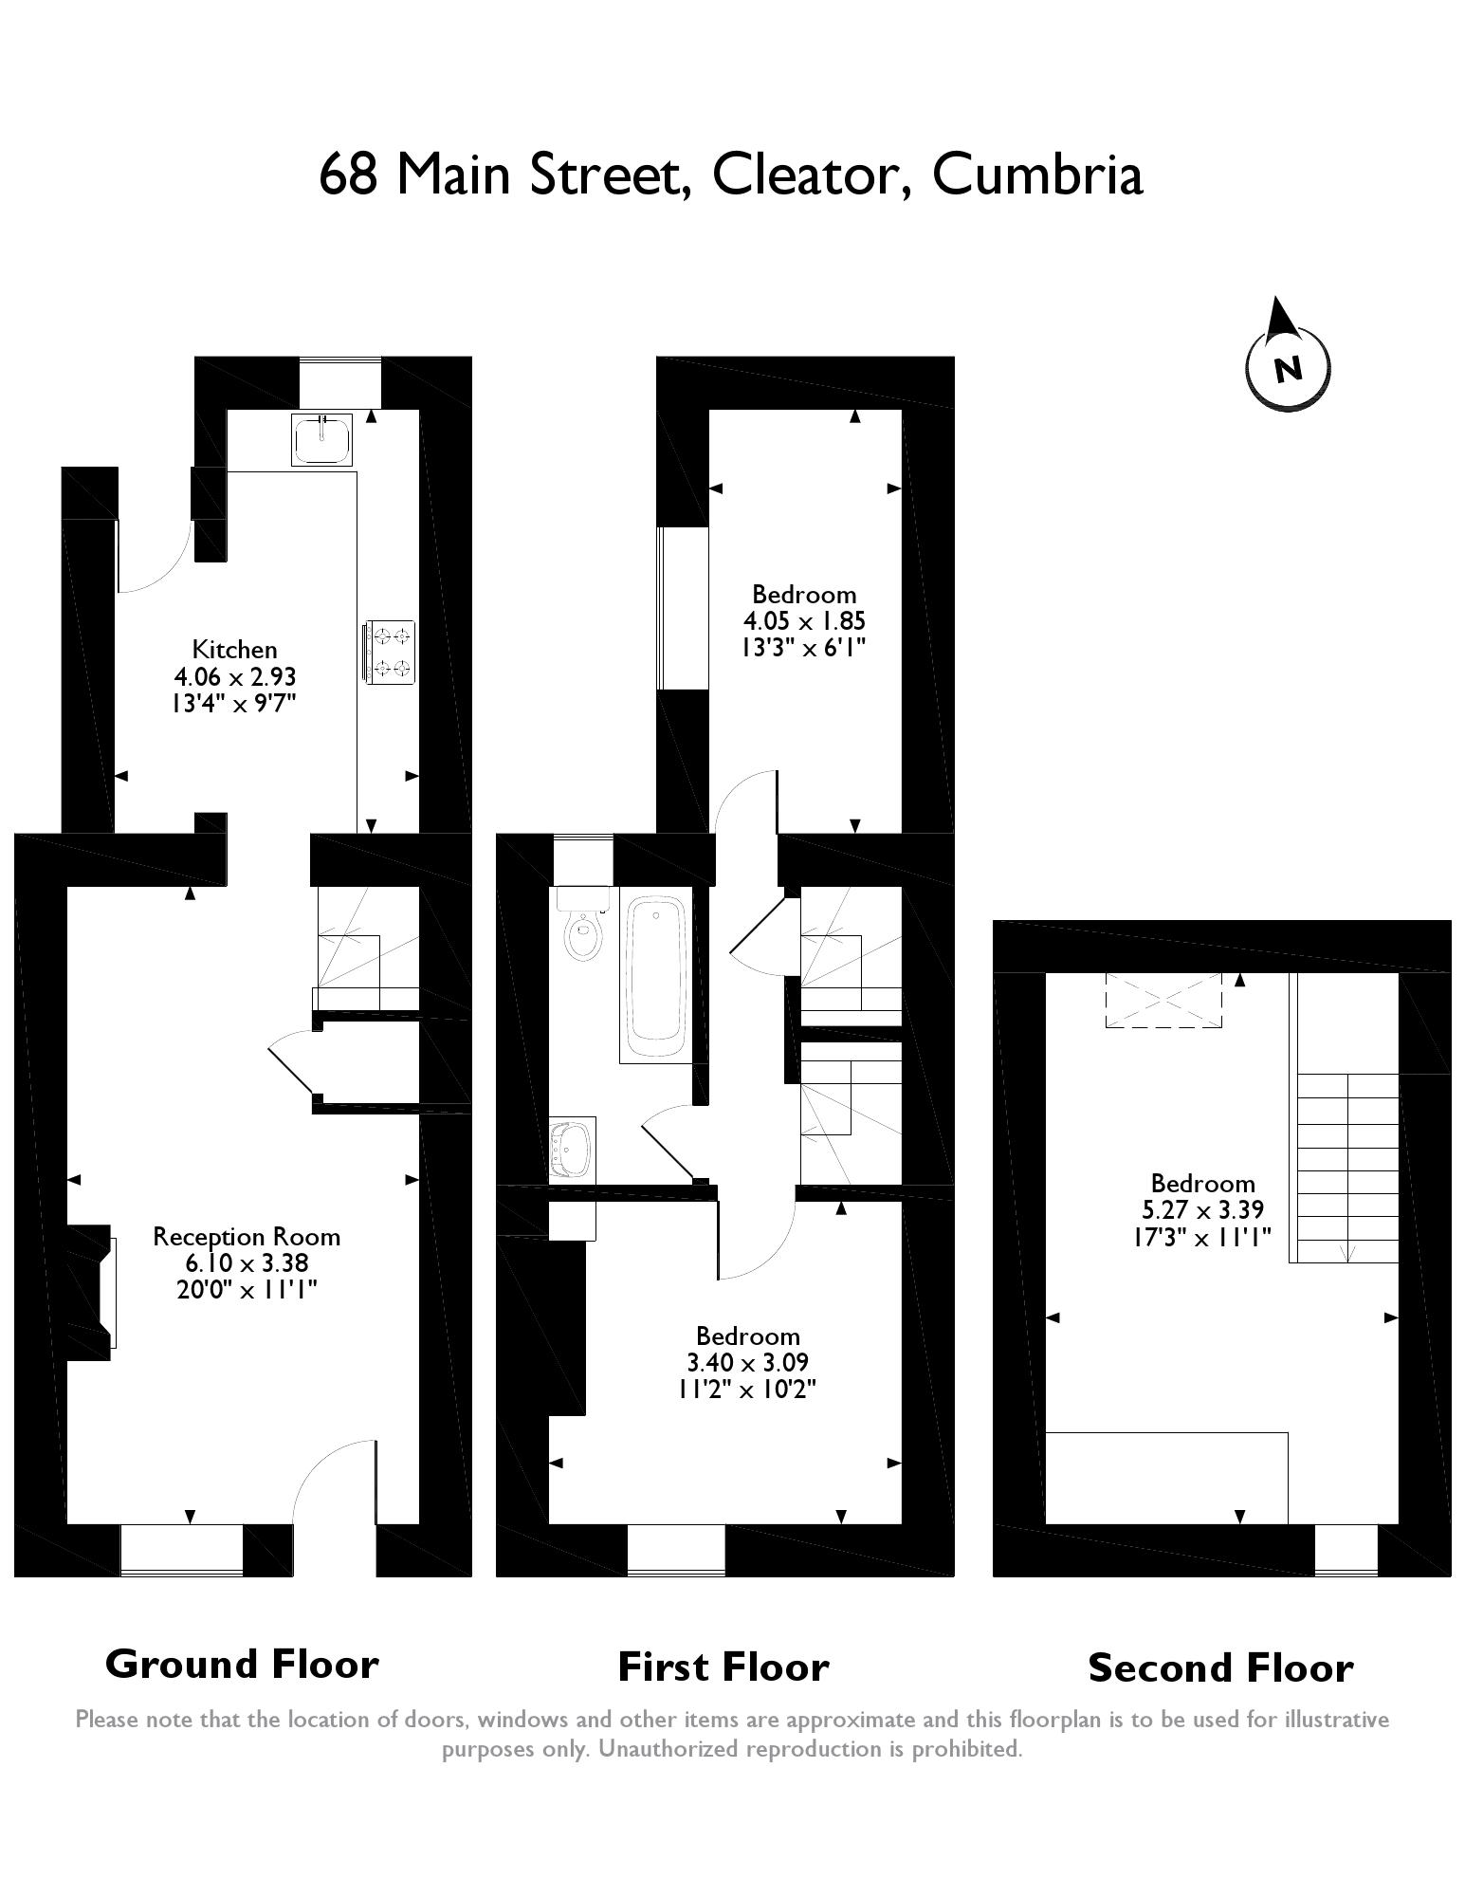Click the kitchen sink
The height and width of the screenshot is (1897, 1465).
point(322,439)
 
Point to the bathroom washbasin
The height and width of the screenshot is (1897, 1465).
point(573,1149)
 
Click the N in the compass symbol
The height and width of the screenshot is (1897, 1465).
point(1287,369)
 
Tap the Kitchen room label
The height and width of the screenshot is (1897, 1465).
point(234,650)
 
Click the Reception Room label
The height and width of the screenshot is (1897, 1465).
point(247,1237)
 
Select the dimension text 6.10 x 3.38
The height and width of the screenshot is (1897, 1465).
point(247,1263)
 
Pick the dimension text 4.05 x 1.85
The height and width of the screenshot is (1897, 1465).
point(804,621)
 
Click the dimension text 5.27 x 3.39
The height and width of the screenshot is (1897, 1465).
point(1202,1210)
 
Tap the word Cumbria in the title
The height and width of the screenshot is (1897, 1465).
point(1037,175)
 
